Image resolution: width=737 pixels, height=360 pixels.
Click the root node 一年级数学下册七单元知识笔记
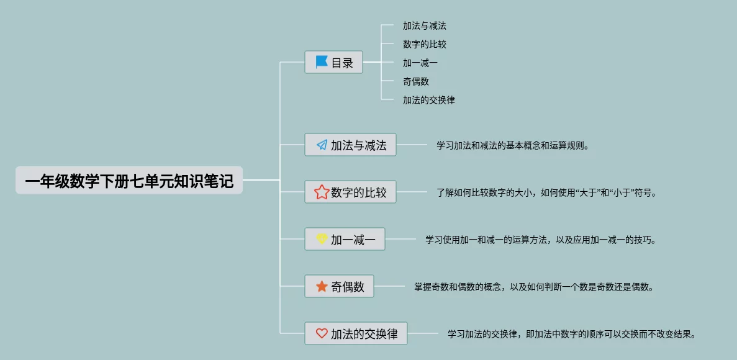pos(129,181)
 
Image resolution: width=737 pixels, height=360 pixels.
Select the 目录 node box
pos(333,62)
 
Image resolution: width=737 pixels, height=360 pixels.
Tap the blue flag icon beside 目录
pos(322,62)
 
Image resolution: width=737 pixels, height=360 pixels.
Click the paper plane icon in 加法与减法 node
pos(322,145)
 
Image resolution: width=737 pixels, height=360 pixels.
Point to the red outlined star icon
pos(322,192)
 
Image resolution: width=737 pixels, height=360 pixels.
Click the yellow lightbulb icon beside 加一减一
pos(322,239)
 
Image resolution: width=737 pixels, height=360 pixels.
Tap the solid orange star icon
pos(322,286)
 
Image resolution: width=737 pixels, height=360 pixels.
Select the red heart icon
pos(322,333)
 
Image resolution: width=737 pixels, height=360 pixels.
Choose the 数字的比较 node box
pos(350,192)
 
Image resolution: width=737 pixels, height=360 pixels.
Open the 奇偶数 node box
pos(339,286)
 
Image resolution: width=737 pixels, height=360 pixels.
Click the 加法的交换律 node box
pos(356,333)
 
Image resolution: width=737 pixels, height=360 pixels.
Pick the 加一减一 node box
pos(345,239)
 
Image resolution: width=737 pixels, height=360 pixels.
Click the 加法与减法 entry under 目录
pos(424,26)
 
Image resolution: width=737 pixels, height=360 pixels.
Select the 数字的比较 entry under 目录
pos(424,44)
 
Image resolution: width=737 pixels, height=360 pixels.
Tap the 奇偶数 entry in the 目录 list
pos(415,81)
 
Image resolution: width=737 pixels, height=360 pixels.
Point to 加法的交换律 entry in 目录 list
pos(428,100)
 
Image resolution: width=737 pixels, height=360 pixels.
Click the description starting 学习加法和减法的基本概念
pos(512,146)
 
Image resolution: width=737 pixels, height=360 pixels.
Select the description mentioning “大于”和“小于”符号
pos(546,192)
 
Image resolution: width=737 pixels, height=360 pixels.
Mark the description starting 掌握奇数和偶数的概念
pos(533,287)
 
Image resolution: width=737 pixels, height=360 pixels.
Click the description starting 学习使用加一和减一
pos(540,240)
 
